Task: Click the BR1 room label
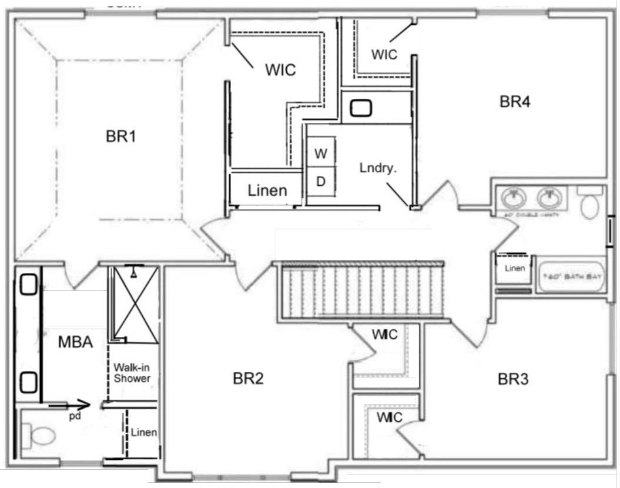(x=121, y=137)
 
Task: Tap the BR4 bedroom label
(x=515, y=102)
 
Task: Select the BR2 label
(x=248, y=379)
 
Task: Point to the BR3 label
(x=513, y=379)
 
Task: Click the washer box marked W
(x=320, y=154)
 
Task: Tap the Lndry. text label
(x=378, y=168)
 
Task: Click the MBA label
(x=75, y=342)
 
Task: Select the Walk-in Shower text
(x=132, y=373)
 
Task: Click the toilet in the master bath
(x=40, y=436)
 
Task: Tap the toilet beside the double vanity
(x=589, y=203)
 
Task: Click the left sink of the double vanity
(x=514, y=198)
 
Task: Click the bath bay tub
(x=571, y=277)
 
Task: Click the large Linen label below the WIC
(x=267, y=190)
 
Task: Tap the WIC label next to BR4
(x=384, y=54)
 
